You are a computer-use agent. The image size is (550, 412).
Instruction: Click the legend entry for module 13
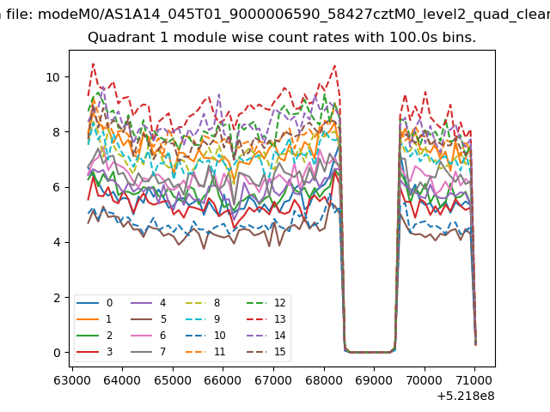(266, 318)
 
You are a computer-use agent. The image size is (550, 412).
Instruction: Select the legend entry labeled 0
(95, 303)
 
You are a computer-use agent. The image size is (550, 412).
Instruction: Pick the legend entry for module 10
(205, 336)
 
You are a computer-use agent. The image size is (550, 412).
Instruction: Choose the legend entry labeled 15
(266, 351)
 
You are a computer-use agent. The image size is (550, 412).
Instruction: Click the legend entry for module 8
(203, 303)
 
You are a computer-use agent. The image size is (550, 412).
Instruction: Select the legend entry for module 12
(266, 303)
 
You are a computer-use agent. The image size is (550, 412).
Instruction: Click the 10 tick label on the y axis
(53, 77)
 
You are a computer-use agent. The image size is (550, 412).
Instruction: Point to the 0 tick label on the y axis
(57, 353)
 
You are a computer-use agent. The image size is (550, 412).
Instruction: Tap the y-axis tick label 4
(57, 242)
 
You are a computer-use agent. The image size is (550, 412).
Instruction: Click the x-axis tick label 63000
(72, 380)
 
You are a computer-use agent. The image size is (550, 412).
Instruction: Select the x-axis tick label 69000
(374, 380)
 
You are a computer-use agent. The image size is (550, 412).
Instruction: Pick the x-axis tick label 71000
(474, 380)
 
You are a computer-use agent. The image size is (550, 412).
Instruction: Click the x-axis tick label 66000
(223, 380)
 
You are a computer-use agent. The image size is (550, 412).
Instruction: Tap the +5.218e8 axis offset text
(466, 396)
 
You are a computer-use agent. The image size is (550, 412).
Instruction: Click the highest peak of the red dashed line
(93, 64)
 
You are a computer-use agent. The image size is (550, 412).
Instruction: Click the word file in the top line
(21, 15)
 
